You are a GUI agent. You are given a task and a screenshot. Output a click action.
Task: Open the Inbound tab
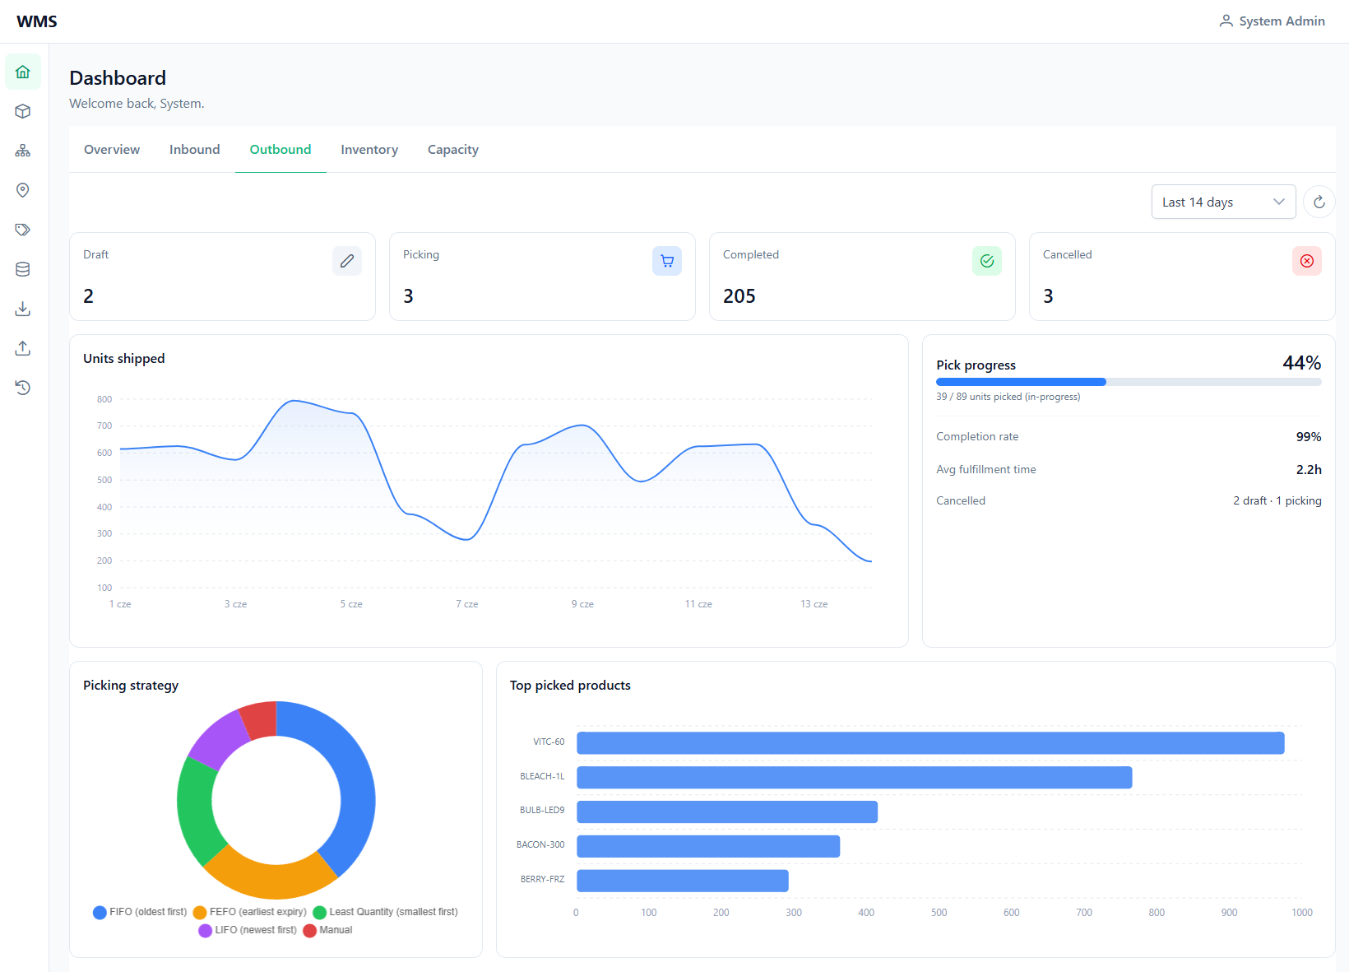tap(194, 150)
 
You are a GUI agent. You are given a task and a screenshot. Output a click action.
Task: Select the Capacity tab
tap(453, 150)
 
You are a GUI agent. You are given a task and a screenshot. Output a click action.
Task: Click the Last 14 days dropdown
tap(1223, 202)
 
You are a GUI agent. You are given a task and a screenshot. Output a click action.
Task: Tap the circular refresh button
tap(1319, 202)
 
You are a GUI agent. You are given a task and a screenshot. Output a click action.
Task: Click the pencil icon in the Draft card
tap(347, 261)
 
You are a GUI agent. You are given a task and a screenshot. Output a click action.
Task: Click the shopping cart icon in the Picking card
tap(666, 261)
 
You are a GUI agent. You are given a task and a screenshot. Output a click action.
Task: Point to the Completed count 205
tap(739, 295)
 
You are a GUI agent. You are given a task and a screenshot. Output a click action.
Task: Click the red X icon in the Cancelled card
tap(1307, 261)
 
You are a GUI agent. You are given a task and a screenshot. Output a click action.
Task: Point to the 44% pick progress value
tap(1301, 363)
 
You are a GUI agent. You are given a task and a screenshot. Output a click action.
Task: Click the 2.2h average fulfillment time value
tap(1309, 469)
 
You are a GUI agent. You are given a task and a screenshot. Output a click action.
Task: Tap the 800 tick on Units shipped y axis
tap(104, 399)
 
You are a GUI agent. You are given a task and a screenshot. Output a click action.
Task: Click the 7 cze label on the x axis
tap(466, 604)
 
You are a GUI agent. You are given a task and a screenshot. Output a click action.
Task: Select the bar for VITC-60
tap(930, 743)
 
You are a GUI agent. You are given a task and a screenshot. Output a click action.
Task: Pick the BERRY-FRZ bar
tap(683, 881)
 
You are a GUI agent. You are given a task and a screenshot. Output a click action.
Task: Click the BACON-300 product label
tap(540, 845)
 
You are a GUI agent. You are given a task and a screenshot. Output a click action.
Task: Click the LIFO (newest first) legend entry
tap(248, 930)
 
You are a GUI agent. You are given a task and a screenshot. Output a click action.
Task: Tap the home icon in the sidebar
tap(23, 72)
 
